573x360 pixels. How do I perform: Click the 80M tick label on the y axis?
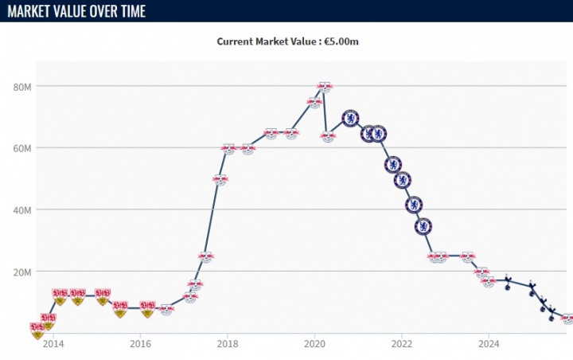tap(21, 86)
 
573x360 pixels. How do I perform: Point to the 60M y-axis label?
tap(21, 148)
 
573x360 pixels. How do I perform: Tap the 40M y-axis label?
tap(21, 209)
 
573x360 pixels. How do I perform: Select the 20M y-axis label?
tap(21, 272)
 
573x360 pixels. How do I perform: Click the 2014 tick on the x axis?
tap(53, 344)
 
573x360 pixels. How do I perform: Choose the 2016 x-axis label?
tap(140, 344)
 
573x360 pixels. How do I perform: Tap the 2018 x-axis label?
tap(228, 344)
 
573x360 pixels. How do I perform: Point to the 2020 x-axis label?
tap(314, 344)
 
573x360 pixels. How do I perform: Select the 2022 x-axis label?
tap(401, 344)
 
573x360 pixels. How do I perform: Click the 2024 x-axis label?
tap(489, 344)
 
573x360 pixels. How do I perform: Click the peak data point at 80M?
tap(324, 87)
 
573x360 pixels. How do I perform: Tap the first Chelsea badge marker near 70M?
tap(350, 119)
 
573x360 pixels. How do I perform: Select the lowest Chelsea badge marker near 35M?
tap(423, 226)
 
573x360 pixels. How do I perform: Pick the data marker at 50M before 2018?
tap(220, 180)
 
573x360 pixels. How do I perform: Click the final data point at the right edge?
tap(567, 319)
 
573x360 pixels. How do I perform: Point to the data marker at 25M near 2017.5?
tap(205, 257)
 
